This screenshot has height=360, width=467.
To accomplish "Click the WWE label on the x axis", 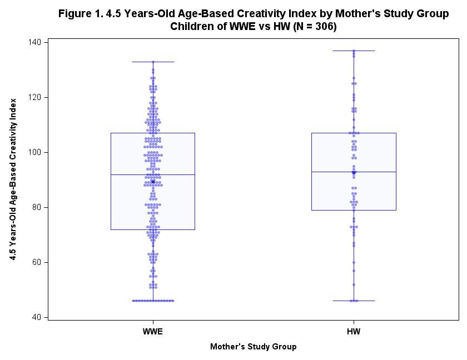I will pos(153,332).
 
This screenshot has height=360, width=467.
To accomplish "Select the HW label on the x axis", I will pos(354,332).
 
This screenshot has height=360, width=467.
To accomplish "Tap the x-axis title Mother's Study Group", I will pos(253,347).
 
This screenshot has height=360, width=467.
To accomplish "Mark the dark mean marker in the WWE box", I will pos(153,182).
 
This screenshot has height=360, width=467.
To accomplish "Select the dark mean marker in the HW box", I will pos(354,173).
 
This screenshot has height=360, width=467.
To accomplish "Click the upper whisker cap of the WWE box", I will pos(153,62).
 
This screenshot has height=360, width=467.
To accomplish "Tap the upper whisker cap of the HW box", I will pos(354,51).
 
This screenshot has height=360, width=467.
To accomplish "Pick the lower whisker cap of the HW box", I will pos(354,301).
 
